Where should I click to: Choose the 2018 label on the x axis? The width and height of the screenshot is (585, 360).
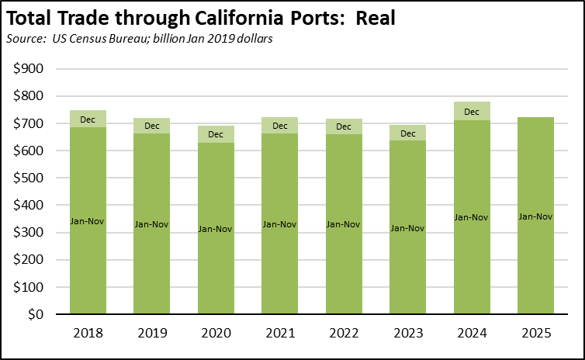pos(88,334)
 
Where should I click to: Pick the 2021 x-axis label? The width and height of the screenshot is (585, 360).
pos(279,334)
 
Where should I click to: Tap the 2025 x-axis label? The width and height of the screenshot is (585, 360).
pos(535,334)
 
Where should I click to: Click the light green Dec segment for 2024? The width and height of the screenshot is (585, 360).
pos(472,111)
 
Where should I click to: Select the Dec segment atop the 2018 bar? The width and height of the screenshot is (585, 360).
pos(88,119)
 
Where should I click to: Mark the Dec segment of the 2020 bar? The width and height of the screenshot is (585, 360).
pos(216,133)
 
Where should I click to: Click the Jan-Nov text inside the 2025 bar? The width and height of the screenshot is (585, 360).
pos(535,216)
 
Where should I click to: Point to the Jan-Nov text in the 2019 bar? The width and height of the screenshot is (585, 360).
pos(151,224)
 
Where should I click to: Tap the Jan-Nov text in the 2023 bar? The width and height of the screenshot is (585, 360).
pos(407,228)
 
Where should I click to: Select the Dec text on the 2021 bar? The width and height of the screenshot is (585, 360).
pos(279,126)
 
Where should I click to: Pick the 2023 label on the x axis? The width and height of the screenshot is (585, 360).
pos(407,334)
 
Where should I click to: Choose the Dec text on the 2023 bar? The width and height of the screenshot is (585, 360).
pos(407,133)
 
